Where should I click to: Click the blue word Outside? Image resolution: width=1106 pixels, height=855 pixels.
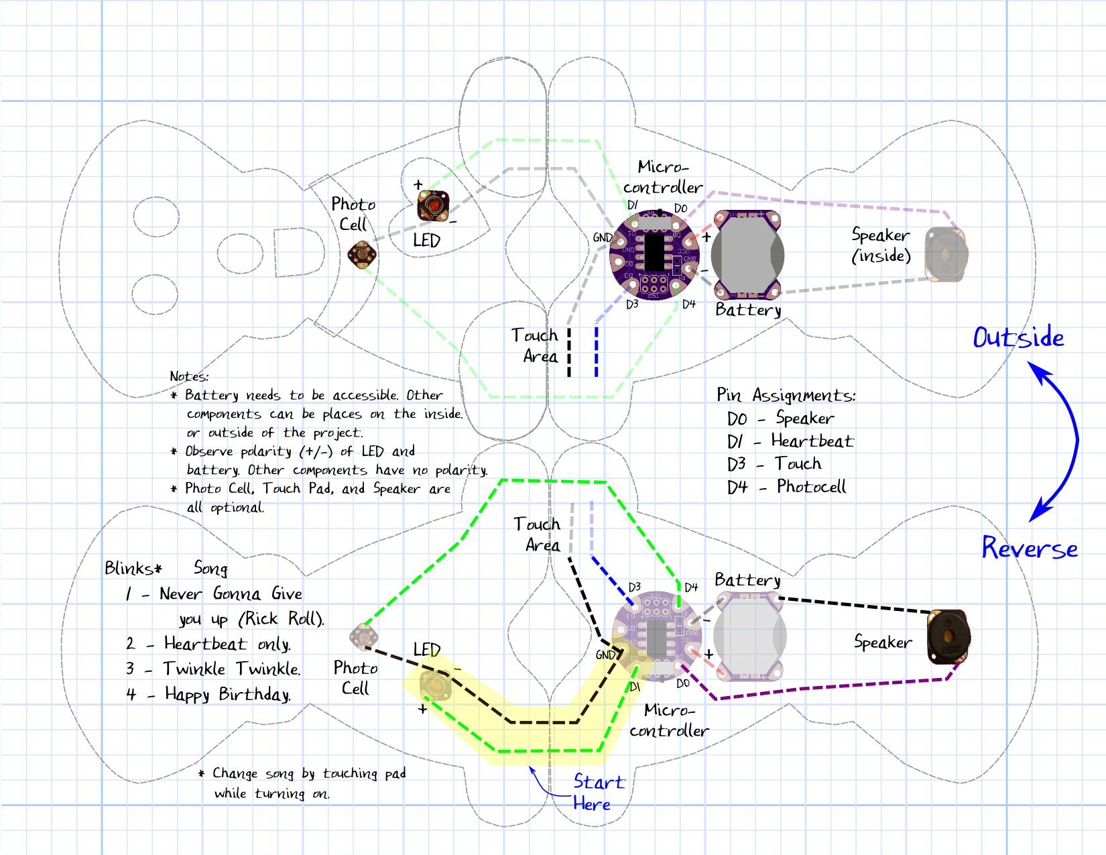[1018, 337]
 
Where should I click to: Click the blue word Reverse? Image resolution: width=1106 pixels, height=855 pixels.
[1029, 548]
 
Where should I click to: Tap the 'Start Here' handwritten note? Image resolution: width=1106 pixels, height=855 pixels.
[597, 792]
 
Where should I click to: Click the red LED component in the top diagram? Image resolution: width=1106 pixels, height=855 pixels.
[433, 205]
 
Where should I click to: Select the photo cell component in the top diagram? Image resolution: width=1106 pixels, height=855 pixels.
[362, 255]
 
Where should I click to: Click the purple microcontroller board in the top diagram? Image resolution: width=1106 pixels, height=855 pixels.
[654, 255]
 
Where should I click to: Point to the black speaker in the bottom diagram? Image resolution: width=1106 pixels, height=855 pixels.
[948, 637]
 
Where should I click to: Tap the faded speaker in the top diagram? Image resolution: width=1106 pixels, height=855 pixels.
[946, 254]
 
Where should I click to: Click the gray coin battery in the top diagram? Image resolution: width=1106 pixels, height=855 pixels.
[747, 255]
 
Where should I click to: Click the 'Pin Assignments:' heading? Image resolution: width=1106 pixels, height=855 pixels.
[786, 395]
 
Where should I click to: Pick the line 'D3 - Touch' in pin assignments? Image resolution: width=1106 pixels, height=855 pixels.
[774, 464]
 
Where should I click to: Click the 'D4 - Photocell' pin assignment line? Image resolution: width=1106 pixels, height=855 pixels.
[786, 487]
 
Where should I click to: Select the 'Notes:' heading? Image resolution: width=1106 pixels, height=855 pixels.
[189, 376]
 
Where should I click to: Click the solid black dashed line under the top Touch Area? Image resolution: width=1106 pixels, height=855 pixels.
[569, 352]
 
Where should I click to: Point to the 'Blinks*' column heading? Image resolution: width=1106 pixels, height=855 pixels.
[133, 569]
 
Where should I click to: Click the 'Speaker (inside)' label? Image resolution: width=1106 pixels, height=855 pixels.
[881, 245]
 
